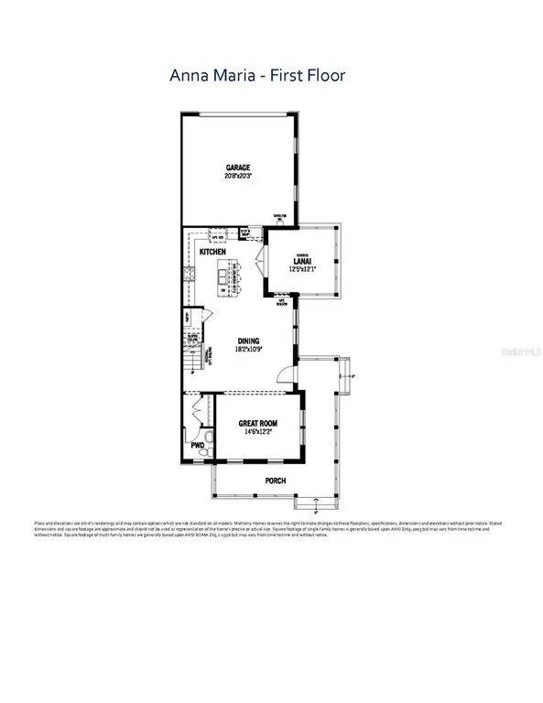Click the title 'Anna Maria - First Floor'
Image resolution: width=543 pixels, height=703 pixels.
click(257, 75)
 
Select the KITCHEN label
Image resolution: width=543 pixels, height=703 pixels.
click(213, 251)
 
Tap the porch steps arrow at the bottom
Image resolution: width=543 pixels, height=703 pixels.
click(314, 502)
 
